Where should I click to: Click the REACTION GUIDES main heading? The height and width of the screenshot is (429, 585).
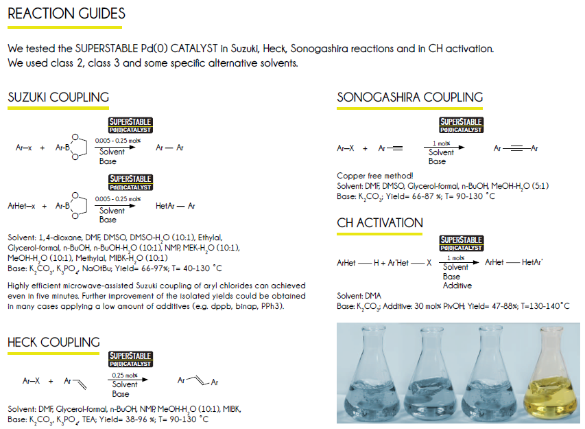click(x=66, y=14)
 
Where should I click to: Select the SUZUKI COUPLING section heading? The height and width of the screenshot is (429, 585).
click(x=58, y=97)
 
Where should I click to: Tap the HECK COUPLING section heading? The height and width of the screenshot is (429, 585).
click(x=53, y=342)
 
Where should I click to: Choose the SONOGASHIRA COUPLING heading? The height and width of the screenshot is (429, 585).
click(x=409, y=97)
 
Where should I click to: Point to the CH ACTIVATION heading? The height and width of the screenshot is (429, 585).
click(x=380, y=223)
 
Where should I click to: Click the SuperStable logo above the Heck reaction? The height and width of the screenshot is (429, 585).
click(x=130, y=360)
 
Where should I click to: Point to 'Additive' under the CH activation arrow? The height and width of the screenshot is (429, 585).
click(x=457, y=286)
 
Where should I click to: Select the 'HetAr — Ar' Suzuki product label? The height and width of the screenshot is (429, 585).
click(x=176, y=205)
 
